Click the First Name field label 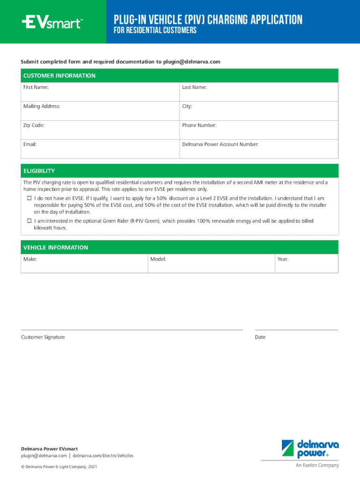36,87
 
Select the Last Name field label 194,87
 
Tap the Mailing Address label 42,107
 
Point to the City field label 187,107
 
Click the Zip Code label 34,125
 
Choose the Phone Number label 199,125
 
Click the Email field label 30,145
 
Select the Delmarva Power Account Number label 220,145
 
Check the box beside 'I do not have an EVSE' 29,198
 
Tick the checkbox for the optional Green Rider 29,221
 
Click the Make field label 30,259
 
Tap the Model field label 158,259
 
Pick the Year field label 283,259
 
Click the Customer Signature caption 43,337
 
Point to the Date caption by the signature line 260,337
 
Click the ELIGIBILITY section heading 39,171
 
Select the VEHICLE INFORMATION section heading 56,247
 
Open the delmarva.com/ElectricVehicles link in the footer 103,456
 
